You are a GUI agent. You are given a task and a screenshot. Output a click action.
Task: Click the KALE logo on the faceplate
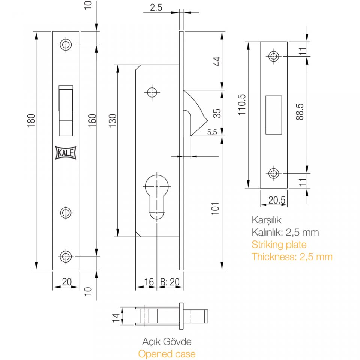coord(66,153)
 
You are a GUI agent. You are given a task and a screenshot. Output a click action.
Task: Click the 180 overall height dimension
coord(31,120)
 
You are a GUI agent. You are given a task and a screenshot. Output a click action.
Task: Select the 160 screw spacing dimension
coord(92,120)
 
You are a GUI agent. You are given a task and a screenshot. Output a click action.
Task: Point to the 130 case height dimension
coord(112,120)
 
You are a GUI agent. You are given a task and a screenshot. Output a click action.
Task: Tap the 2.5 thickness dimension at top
coord(156,8)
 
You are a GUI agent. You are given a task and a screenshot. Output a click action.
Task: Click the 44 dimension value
coord(217,61)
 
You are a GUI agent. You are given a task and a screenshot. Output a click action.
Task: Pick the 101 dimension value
coord(215,208)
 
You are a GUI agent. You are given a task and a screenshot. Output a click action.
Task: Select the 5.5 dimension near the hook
coord(212,132)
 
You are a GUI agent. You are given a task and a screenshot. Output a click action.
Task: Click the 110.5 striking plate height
coord(242,105)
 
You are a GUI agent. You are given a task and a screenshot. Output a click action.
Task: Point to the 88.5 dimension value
coord(300,112)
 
